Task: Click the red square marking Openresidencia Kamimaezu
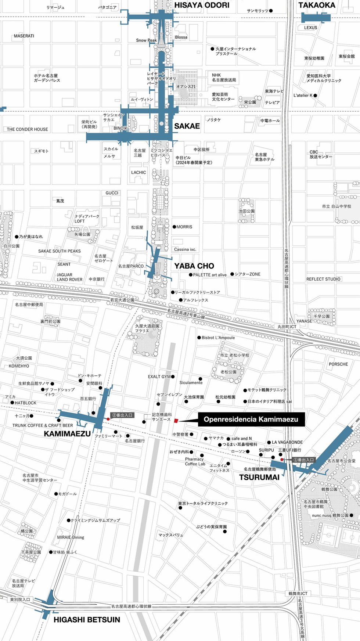click(176, 420)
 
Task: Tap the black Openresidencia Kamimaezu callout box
click(251, 419)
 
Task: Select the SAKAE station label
click(187, 126)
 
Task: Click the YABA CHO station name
click(194, 266)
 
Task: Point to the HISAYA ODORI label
click(202, 5)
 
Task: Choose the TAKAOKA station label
click(317, 5)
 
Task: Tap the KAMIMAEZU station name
click(67, 433)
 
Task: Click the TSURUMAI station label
click(259, 477)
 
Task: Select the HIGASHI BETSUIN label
click(87, 620)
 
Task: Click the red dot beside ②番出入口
click(108, 419)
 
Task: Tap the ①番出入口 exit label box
click(304, 460)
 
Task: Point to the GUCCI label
click(112, 193)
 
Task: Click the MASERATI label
click(24, 36)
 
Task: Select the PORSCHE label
click(338, 364)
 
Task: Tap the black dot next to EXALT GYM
click(173, 377)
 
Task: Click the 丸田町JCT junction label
click(287, 327)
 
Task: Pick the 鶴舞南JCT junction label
click(298, 594)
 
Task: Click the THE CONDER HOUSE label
click(27, 129)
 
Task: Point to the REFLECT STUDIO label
click(323, 279)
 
